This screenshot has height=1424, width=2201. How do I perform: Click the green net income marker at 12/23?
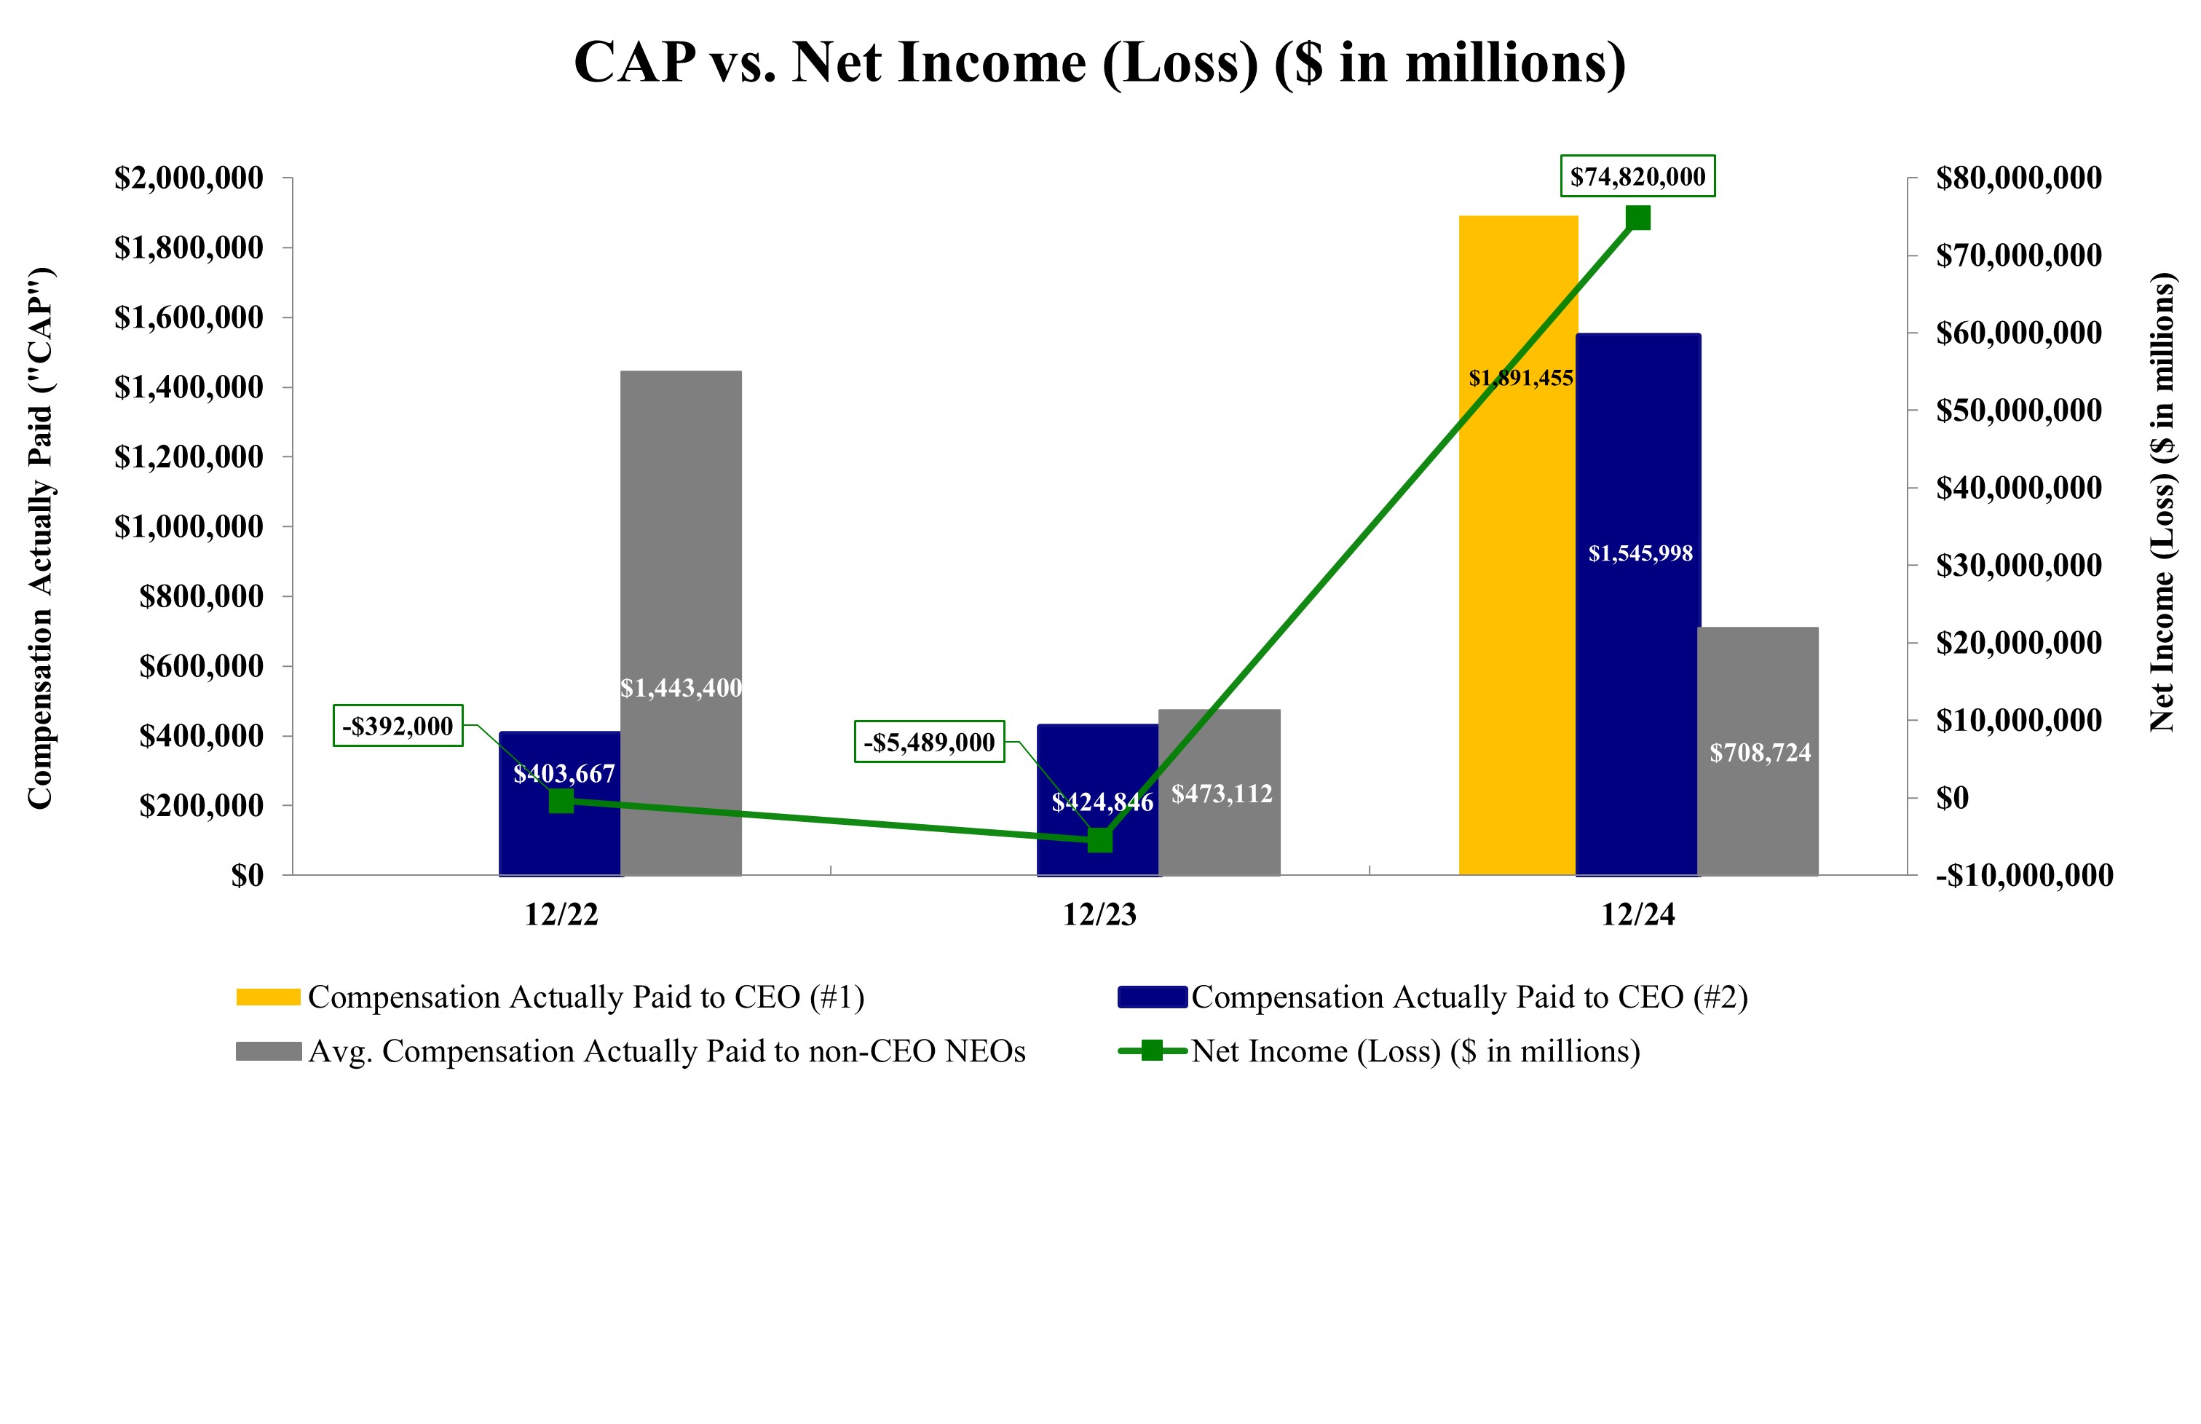coord(1099,839)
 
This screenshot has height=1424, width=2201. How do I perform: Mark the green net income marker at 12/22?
coord(561,801)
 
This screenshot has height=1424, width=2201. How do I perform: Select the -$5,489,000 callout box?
coord(928,742)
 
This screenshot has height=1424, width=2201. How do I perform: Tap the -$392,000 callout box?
coord(398,726)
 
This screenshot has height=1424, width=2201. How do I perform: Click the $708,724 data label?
coord(1759,753)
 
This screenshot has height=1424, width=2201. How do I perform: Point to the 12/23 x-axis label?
coord(1099,914)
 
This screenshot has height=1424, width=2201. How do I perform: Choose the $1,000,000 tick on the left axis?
coord(189,527)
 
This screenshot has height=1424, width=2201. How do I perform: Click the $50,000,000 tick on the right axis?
coord(2018,411)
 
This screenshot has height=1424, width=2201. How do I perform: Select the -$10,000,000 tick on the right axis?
coord(2023,875)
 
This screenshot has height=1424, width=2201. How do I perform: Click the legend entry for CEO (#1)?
coord(585,997)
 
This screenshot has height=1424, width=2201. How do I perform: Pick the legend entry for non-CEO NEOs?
coord(666,1051)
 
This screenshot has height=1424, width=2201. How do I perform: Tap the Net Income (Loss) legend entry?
coord(1415,1051)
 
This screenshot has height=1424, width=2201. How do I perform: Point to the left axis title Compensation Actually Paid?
coord(41,538)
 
